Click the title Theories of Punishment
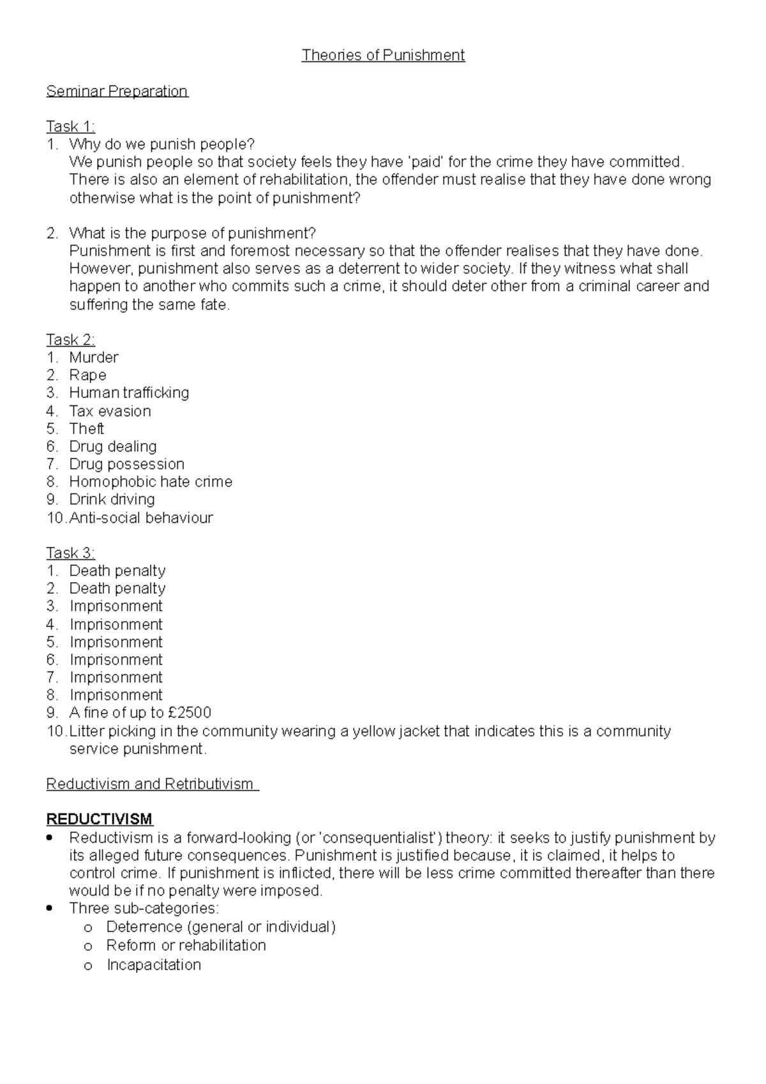point(383,56)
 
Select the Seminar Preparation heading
point(117,91)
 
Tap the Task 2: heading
point(70,340)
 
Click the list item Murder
point(93,358)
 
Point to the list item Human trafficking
point(129,393)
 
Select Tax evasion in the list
point(110,411)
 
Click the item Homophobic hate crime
point(151,482)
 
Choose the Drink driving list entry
point(112,499)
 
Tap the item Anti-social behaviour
point(140,518)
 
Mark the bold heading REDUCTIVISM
point(99,820)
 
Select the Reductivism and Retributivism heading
point(152,784)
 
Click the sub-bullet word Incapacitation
point(154,965)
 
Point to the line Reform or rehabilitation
point(186,945)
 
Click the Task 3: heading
point(70,553)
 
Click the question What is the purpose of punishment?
point(192,233)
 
